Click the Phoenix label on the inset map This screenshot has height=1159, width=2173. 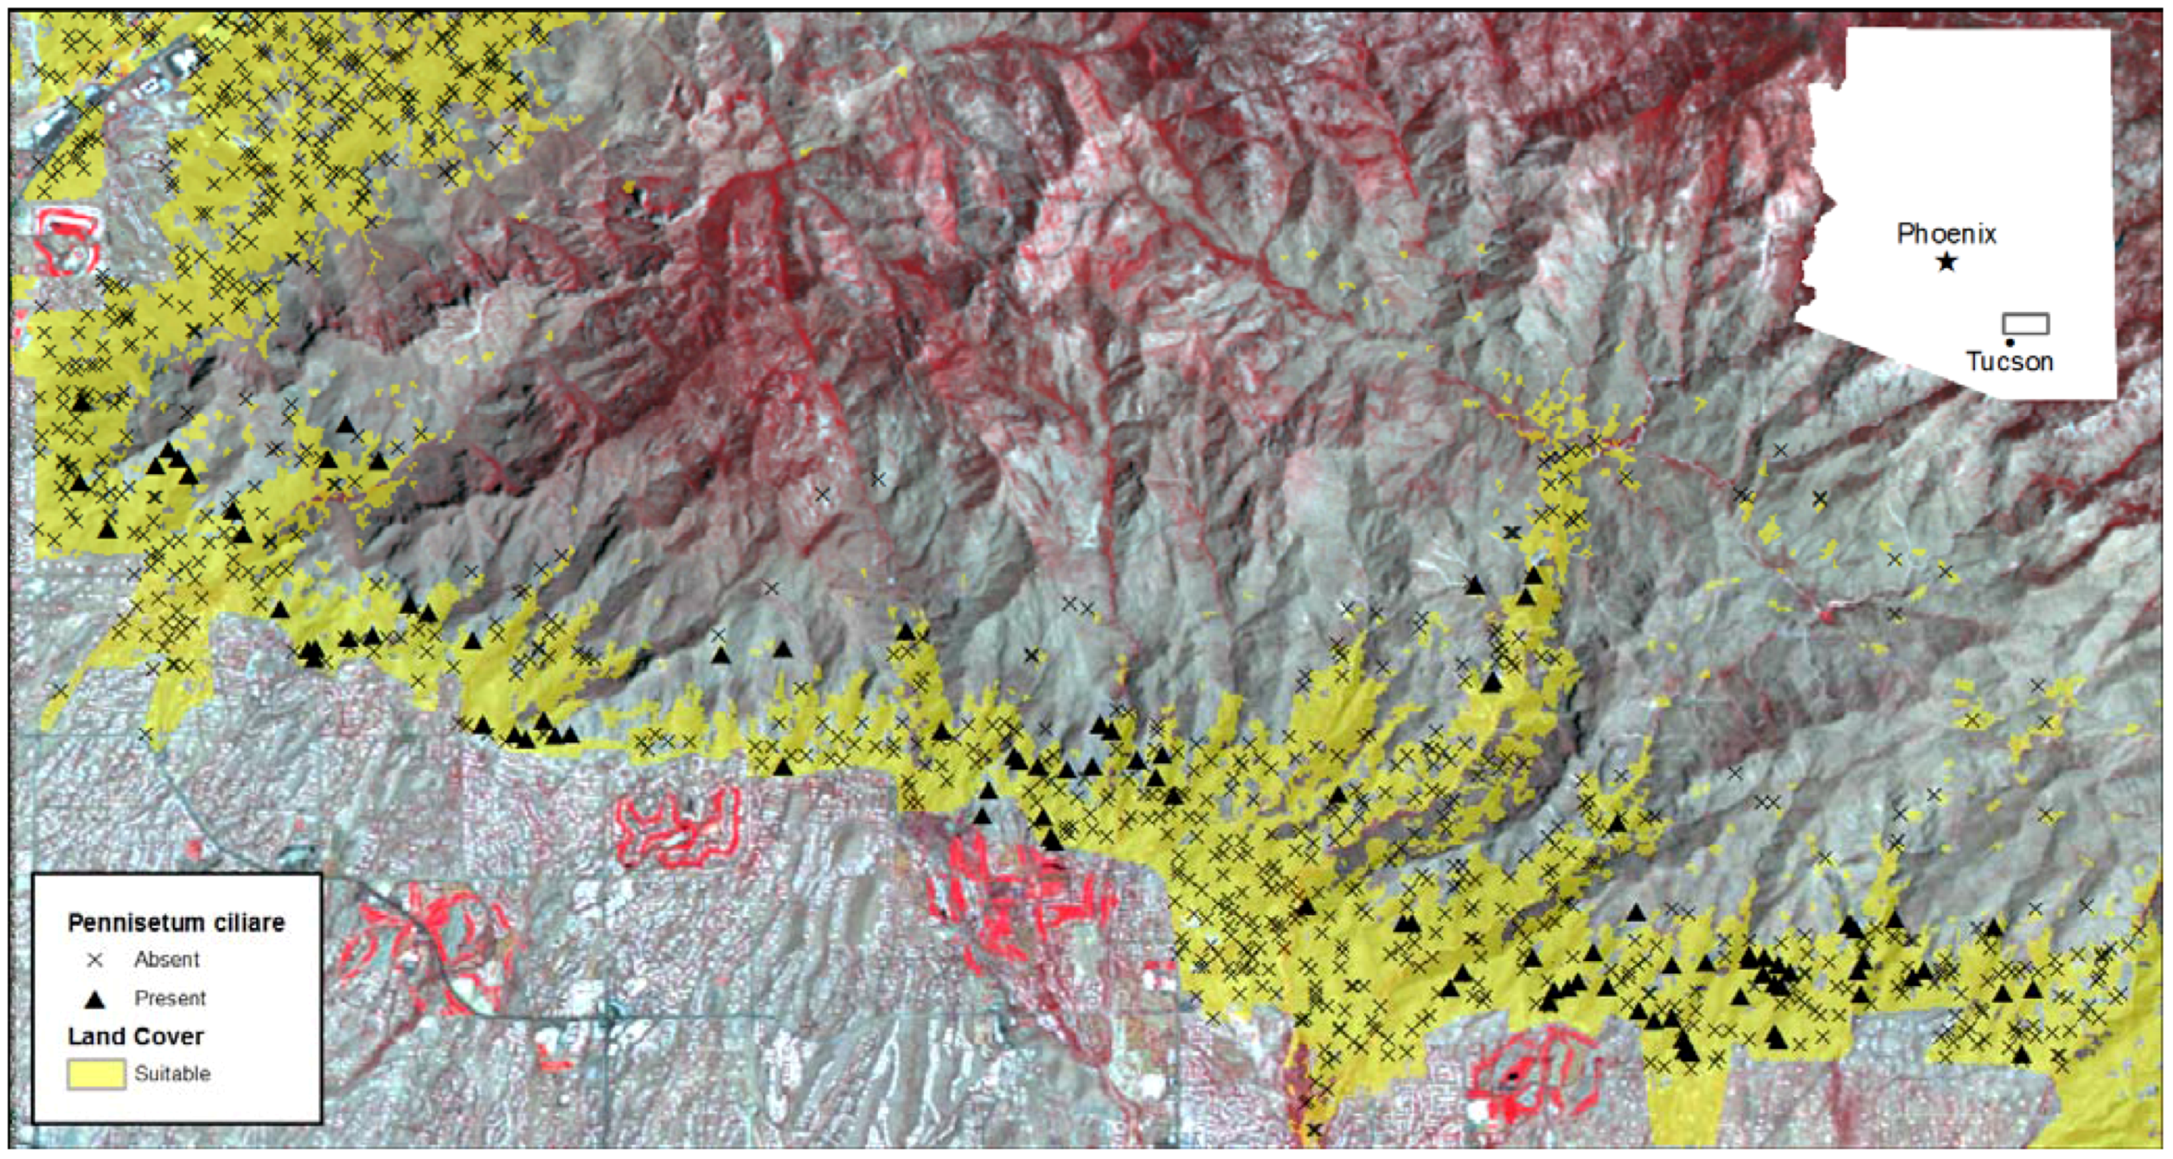tap(1946, 234)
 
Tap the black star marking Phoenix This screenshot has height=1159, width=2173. tap(1946, 262)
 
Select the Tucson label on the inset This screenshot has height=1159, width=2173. tap(2009, 362)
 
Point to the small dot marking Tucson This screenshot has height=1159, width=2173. tap(2010, 343)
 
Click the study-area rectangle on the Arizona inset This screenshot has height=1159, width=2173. tap(2026, 324)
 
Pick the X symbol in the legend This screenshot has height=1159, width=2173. tap(95, 960)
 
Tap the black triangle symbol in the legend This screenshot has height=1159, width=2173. tap(95, 999)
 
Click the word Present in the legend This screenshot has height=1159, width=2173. tap(170, 999)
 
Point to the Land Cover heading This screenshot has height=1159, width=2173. tap(136, 1036)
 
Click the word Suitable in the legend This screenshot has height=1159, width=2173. tap(172, 1074)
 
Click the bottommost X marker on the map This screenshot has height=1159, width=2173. tap(1313, 1131)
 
